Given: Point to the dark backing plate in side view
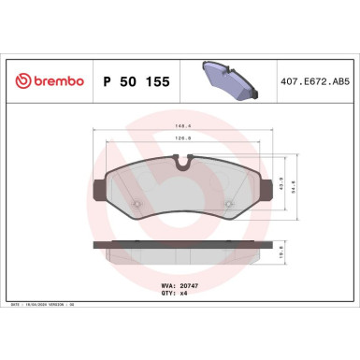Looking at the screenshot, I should (x=182, y=245).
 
